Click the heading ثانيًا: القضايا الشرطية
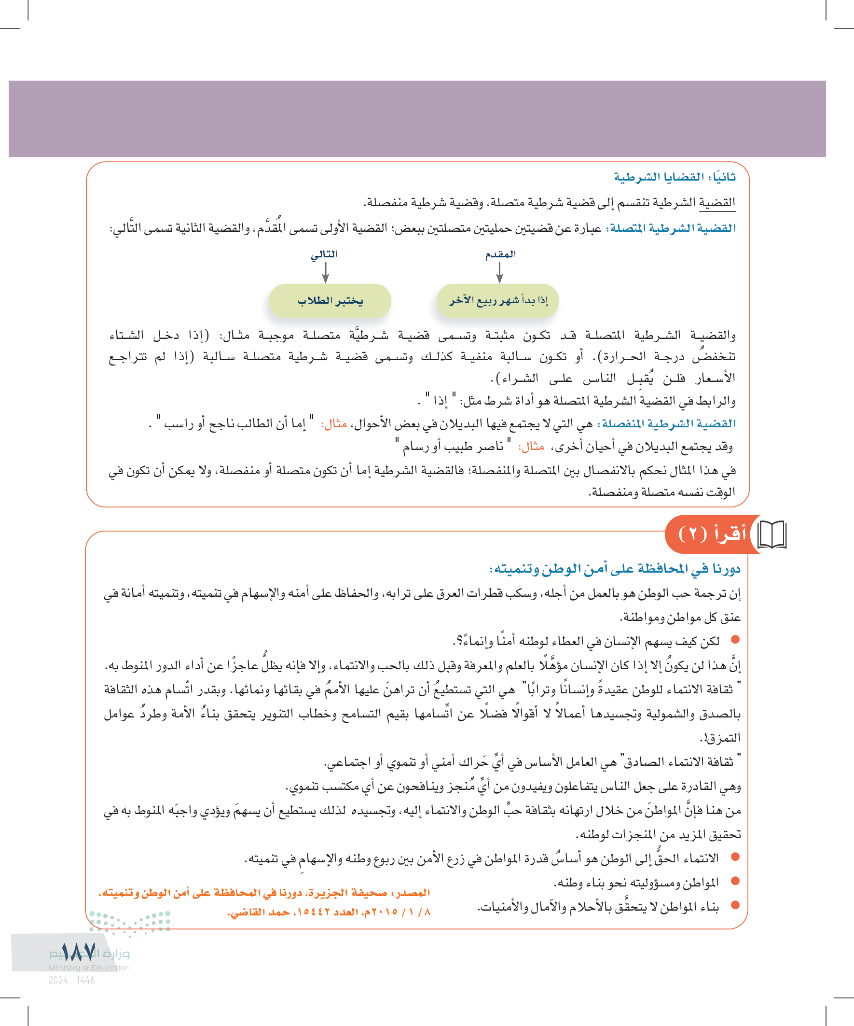click(675, 177)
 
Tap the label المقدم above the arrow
click(500, 254)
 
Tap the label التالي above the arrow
click(324, 254)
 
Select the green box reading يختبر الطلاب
click(330, 300)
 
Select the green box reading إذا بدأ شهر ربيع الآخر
click(497, 300)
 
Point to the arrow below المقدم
click(499, 273)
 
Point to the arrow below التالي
click(326, 273)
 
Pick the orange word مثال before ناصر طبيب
click(531, 446)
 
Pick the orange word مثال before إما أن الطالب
click(334, 423)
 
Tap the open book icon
click(771, 534)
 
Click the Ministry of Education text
click(89, 968)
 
